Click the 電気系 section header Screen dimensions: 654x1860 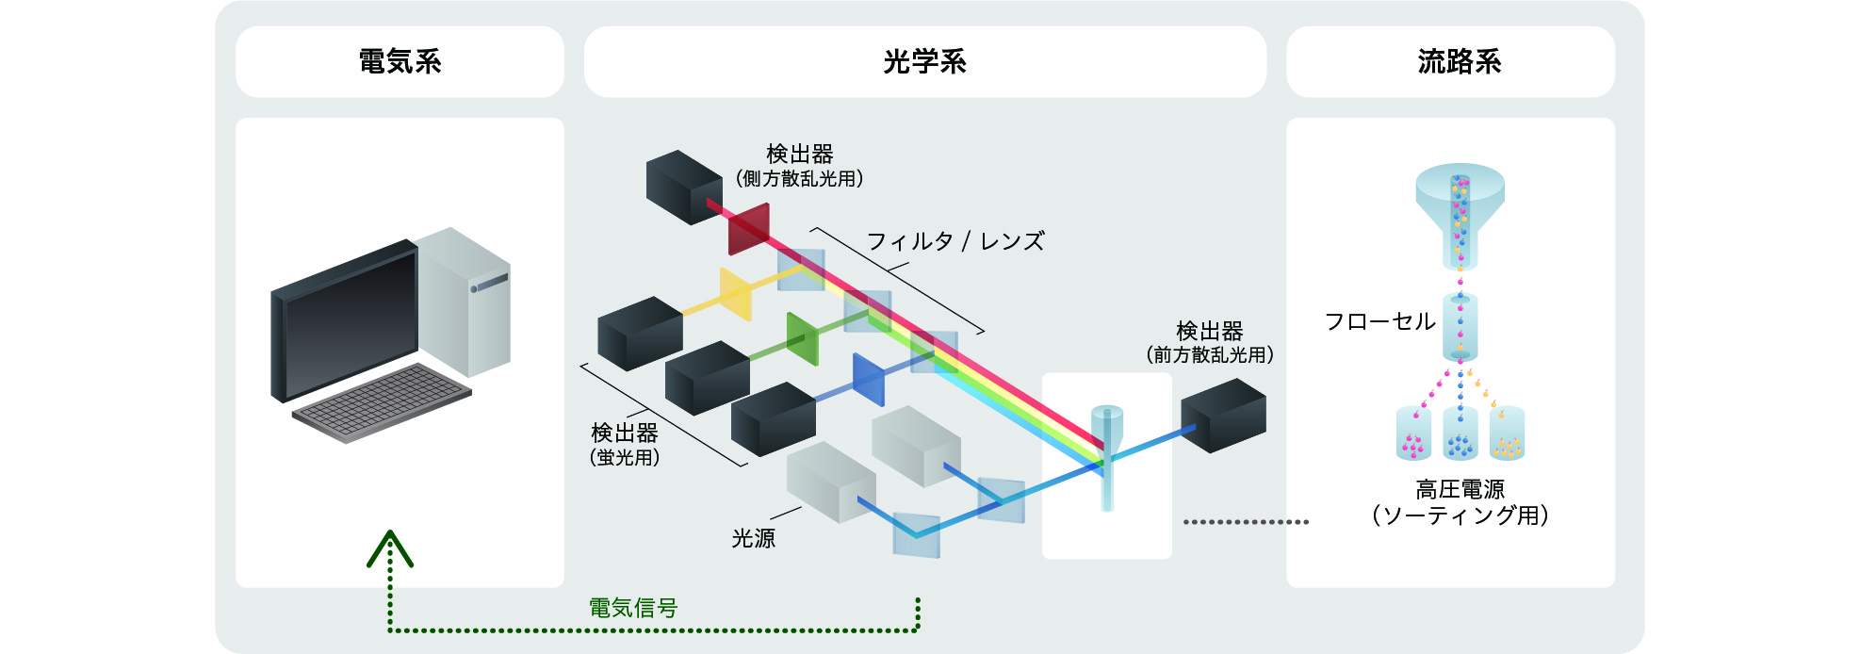400,62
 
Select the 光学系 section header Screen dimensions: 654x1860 924,62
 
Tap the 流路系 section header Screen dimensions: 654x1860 1459,62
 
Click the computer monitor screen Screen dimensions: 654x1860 351,325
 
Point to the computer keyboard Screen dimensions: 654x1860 382,402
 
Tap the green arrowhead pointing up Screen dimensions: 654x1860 390,548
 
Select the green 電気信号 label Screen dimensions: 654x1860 633,608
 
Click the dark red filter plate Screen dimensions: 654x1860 749,230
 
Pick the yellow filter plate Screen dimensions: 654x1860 736,294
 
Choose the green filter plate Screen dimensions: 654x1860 803,339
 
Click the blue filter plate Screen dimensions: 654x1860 868,380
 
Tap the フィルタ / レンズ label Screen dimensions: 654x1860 954,241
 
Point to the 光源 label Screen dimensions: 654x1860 753,538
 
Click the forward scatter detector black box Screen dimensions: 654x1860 1223,416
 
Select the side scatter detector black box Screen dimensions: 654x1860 683,187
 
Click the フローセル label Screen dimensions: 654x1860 1379,321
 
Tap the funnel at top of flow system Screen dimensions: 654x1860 1460,197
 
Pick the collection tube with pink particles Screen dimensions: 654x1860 1413,433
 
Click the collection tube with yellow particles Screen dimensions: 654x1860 1507,433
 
